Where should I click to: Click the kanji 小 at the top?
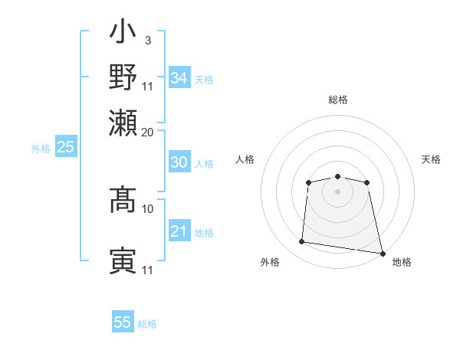123,33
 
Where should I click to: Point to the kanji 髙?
123,199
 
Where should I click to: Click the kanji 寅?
123,261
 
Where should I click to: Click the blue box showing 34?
179,78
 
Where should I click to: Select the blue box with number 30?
179,162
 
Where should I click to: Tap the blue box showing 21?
179,231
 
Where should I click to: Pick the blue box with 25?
65,147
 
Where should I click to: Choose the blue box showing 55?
123,322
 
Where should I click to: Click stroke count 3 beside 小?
147,41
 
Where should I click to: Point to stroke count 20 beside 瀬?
148,131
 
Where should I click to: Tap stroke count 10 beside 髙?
148,208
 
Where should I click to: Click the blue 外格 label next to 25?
40,149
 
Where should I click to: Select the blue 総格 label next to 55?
147,324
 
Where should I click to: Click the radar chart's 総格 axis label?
338,100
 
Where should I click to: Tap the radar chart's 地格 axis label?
402,262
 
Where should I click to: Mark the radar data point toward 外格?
302,242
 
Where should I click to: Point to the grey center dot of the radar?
338,191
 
